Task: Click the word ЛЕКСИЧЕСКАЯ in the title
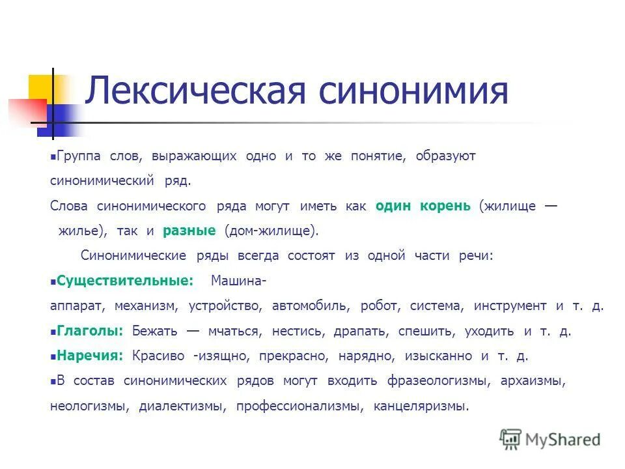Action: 195,91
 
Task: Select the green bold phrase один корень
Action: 423,206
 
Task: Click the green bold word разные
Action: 189,231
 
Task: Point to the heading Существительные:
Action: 125,281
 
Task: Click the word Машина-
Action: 238,281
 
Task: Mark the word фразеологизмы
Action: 434,380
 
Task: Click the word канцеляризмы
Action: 421,406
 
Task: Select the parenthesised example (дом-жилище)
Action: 271,231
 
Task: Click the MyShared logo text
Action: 562,439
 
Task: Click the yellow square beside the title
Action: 40,88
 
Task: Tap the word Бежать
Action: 154,331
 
